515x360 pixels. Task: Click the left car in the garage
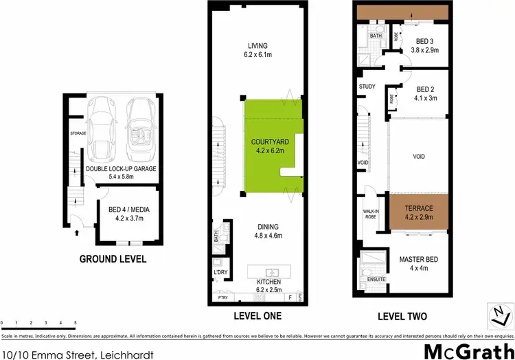pos(103,125)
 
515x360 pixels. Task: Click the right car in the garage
pos(141,125)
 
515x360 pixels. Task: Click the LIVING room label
pos(257,47)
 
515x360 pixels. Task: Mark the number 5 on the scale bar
pos(75,322)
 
